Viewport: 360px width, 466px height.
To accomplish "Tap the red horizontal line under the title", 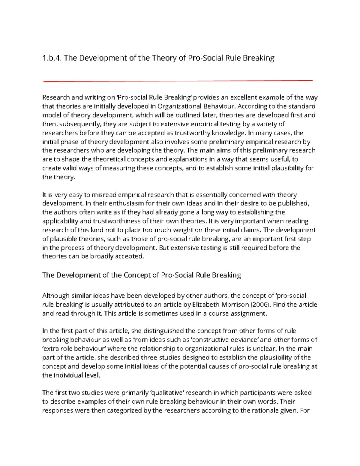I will pos(178,81).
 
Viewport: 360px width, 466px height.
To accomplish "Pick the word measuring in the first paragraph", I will pos(119,168).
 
